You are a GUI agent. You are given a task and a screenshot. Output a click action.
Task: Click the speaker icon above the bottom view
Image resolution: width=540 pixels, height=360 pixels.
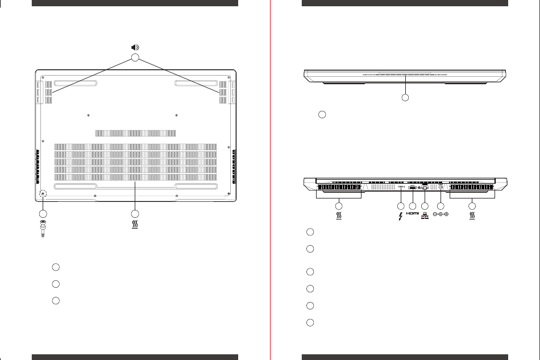click(x=135, y=47)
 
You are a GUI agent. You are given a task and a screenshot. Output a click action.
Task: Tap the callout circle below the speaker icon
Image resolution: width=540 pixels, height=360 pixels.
click(x=135, y=57)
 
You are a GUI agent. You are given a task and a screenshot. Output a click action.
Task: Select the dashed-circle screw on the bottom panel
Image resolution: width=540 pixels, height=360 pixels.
click(x=43, y=193)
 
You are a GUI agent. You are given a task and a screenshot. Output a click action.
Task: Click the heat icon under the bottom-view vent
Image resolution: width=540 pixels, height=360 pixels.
click(x=135, y=225)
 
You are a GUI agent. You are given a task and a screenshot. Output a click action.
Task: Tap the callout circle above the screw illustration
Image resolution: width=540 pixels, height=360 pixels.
click(x=43, y=214)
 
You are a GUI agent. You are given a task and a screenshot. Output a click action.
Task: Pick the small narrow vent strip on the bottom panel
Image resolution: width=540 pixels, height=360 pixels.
click(x=136, y=133)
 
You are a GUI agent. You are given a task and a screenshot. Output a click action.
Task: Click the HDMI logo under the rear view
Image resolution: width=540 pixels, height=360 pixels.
click(x=413, y=214)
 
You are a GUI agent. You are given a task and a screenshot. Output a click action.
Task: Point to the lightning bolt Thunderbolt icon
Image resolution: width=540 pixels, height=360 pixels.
click(x=401, y=216)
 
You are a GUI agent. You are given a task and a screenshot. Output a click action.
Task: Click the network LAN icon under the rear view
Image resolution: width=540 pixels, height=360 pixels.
click(x=425, y=216)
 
